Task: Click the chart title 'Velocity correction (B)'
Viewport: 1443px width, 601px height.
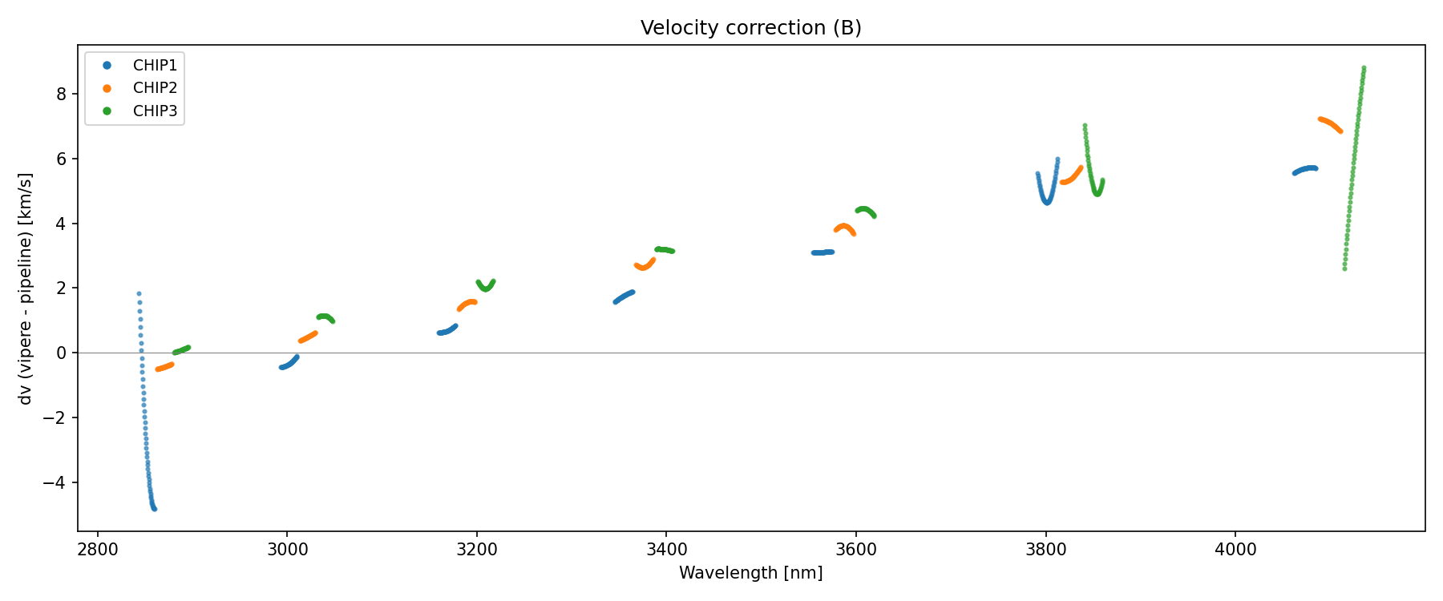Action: pyautogui.click(x=750, y=28)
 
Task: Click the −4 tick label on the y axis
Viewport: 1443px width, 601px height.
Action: pyautogui.click(x=63, y=483)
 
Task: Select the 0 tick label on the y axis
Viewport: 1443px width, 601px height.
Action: pyautogui.click(x=67, y=353)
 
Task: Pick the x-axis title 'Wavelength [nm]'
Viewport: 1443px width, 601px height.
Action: pyautogui.click(x=750, y=573)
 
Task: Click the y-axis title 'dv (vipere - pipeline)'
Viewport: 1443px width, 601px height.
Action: pyautogui.click(x=26, y=288)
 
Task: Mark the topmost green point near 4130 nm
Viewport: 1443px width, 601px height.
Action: pyautogui.click(x=1364, y=68)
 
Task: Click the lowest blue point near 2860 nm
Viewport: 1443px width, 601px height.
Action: pyautogui.click(x=154, y=509)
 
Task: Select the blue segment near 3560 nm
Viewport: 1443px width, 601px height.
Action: pyautogui.click(x=823, y=252)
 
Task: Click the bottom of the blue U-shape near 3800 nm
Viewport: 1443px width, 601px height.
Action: pyautogui.click(x=1047, y=202)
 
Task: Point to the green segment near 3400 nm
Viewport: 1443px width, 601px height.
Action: pyautogui.click(x=665, y=250)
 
